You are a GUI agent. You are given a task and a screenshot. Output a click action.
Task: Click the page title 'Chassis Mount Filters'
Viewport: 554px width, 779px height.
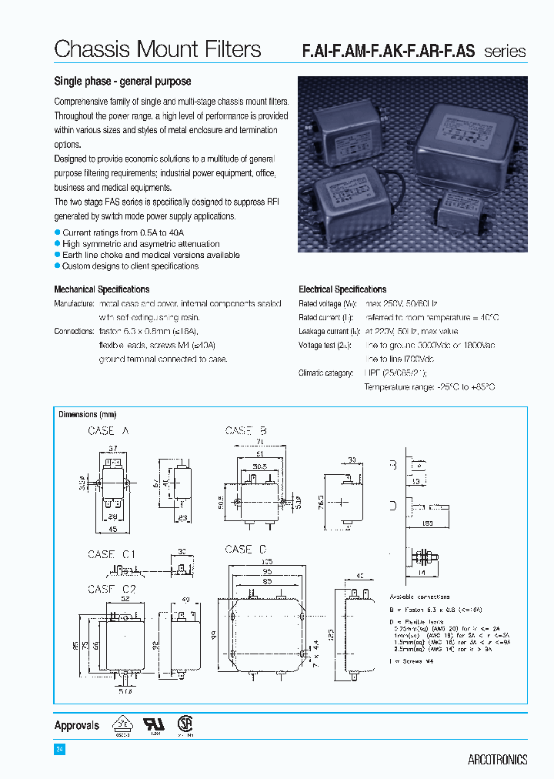coord(158,50)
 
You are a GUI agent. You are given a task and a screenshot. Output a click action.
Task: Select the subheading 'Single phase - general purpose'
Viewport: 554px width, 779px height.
coord(122,82)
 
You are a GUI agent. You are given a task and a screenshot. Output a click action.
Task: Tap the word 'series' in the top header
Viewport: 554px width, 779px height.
coord(505,52)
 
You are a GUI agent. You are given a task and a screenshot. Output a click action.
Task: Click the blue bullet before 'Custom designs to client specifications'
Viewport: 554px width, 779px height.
coord(57,266)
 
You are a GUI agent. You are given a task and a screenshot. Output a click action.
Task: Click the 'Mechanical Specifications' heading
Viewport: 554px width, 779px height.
coord(102,289)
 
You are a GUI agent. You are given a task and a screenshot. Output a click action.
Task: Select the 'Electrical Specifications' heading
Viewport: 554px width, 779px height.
coord(342,289)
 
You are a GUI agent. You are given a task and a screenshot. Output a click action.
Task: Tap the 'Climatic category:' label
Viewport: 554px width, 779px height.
coord(325,373)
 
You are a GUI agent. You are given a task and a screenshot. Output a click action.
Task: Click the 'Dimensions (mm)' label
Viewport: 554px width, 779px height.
coord(88,415)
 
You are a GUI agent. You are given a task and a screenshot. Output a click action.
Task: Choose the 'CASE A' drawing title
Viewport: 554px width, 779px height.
coord(108,431)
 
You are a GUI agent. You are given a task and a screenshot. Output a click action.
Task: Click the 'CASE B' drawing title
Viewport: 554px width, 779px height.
coord(245,431)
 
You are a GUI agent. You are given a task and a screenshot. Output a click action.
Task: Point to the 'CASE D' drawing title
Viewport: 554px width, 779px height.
coord(245,549)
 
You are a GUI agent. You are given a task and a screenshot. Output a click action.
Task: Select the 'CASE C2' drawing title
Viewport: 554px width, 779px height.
coord(112,589)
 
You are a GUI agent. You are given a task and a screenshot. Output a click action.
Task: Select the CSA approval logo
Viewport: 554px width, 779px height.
coord(185,725)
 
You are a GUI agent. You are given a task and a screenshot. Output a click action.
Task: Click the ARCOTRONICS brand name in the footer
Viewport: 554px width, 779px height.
coord(497,760)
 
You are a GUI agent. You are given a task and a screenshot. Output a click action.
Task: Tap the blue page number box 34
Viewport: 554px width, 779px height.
coord(59,750)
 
